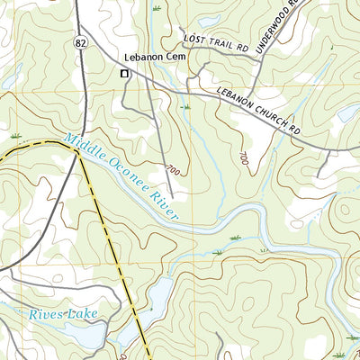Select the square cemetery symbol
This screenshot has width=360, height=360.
[x=124, y=74]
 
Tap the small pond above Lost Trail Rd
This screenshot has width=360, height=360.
[x=209, y=19]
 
